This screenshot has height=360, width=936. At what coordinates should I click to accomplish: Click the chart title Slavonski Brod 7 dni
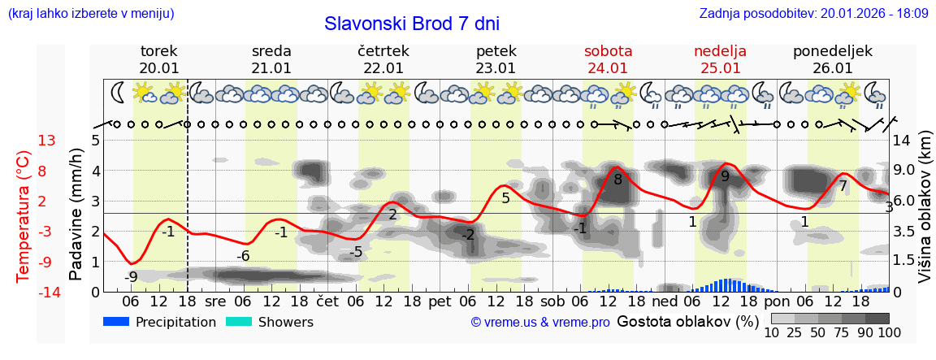[x=412, y=24]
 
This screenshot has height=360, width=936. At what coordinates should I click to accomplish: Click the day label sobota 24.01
[x=608, y=59]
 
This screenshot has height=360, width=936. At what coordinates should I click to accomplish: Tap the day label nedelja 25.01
[x=720, y=59]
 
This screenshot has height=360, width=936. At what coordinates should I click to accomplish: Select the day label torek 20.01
[x=159, y=59]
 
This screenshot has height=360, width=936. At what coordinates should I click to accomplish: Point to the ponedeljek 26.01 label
[x=833, y=59]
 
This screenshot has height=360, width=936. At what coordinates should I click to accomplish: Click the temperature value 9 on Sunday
[x=725, y=176]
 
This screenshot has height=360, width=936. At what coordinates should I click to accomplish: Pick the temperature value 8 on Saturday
[x=617, y=180]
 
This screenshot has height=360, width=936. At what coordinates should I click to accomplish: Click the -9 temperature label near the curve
[x=131, y=276]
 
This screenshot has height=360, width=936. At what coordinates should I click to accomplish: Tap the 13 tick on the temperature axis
[x=47, y=141]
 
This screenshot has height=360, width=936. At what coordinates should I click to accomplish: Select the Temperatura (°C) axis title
[x=24, y=215]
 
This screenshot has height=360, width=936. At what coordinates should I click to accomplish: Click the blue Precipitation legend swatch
[x=117, y=322]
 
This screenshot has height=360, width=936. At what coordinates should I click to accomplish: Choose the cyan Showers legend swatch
[x=239, y=322]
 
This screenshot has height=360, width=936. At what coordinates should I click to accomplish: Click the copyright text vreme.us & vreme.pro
[x=540, y=323]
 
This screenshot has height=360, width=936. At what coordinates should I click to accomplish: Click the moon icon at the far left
[x=119, y=93]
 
